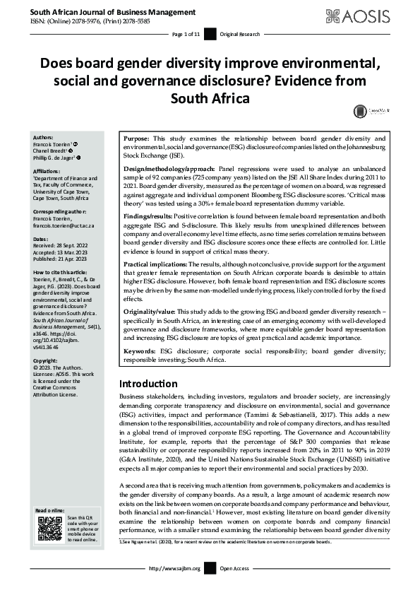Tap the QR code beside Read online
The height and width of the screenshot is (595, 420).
pos(45,529)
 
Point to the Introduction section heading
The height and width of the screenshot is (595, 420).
pos(148,383)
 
